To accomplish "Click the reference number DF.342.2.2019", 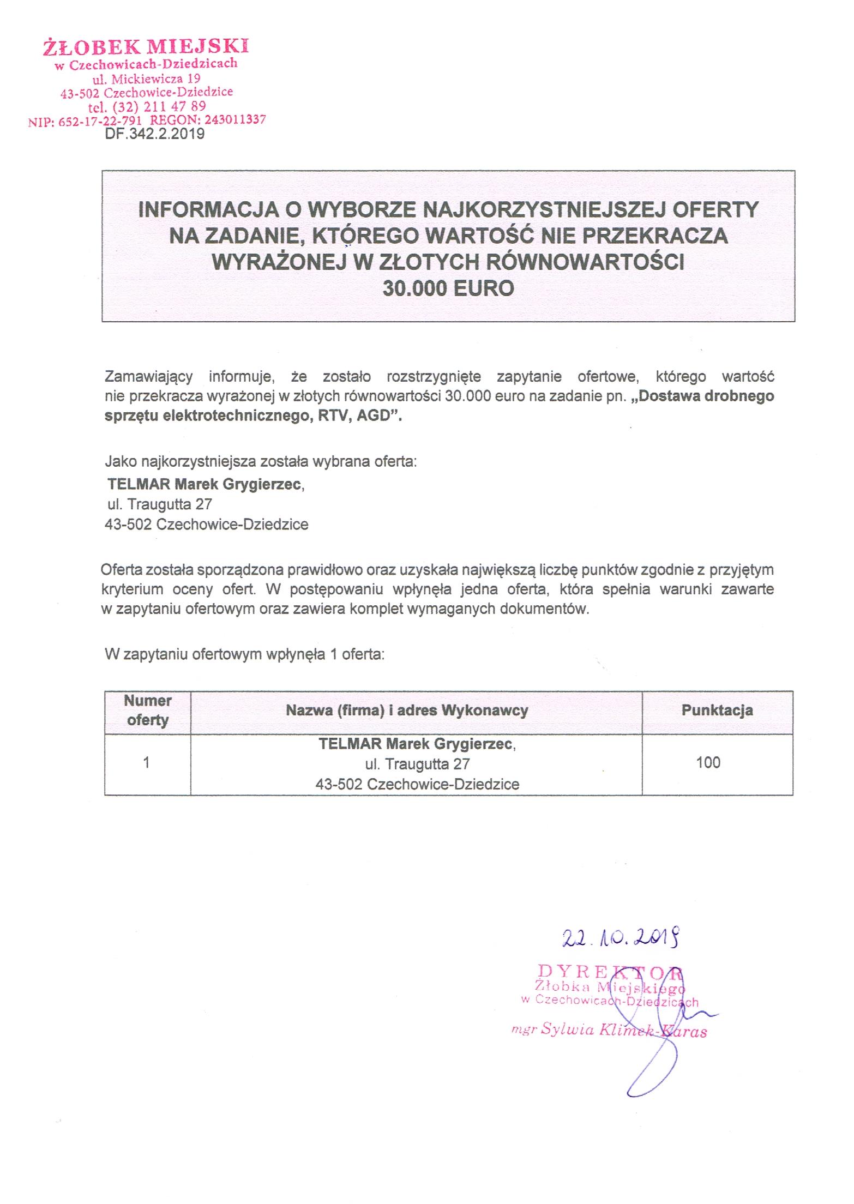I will coord(154,134).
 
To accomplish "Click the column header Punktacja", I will coord(717,710).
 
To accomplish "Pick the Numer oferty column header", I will coord(147,710).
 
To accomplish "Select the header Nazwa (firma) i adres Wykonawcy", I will coord(407,711).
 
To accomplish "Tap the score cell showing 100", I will coord(708,762).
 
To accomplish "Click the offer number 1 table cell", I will coord(146,762).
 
